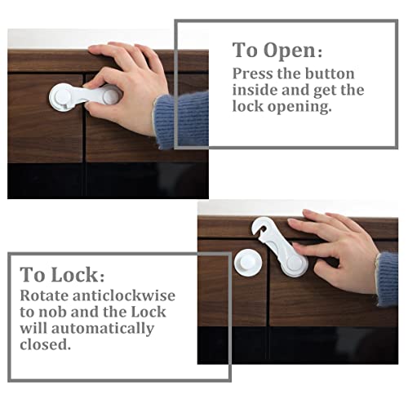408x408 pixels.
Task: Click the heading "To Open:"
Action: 277,50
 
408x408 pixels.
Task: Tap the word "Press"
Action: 253,73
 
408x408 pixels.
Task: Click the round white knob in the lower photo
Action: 247,262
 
